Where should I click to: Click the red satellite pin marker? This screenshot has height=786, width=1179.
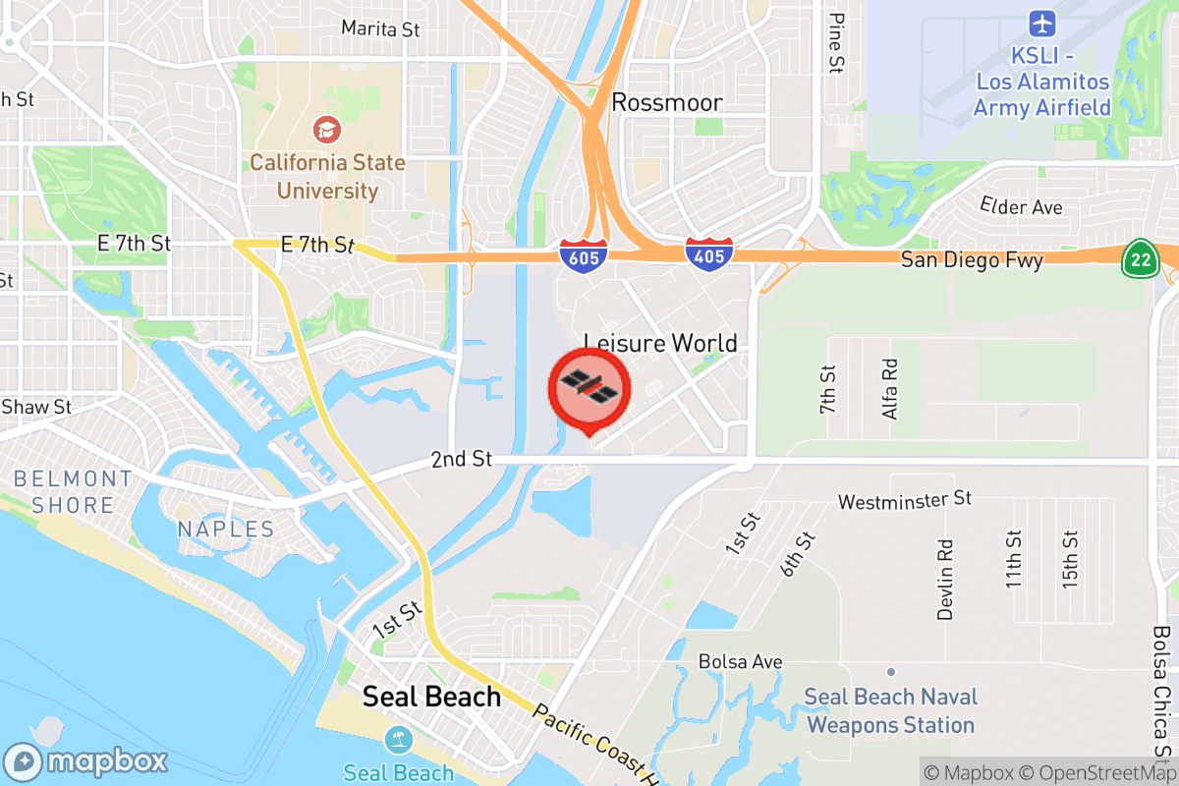(589, 387)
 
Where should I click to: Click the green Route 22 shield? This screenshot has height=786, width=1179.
(1139, 258)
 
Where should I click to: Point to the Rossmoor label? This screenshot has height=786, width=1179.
(667, 102)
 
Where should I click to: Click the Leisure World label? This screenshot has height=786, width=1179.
(660, 343)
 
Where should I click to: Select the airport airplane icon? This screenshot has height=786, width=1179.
(1041, 23)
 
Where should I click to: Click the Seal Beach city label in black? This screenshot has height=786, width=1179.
(431, 697)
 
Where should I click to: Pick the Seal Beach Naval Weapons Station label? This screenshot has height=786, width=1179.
(890, 711)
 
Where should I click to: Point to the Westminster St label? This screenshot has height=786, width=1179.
(904, 501)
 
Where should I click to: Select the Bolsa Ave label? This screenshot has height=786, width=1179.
(740, 661)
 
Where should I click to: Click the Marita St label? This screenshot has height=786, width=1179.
(380, 29)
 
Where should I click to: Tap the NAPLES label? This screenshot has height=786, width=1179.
(226, 530)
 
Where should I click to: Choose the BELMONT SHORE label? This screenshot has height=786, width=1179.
(73, 492)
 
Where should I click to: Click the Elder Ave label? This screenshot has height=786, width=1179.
(1021, 206)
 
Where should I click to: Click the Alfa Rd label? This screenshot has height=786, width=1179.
(890, 388)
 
